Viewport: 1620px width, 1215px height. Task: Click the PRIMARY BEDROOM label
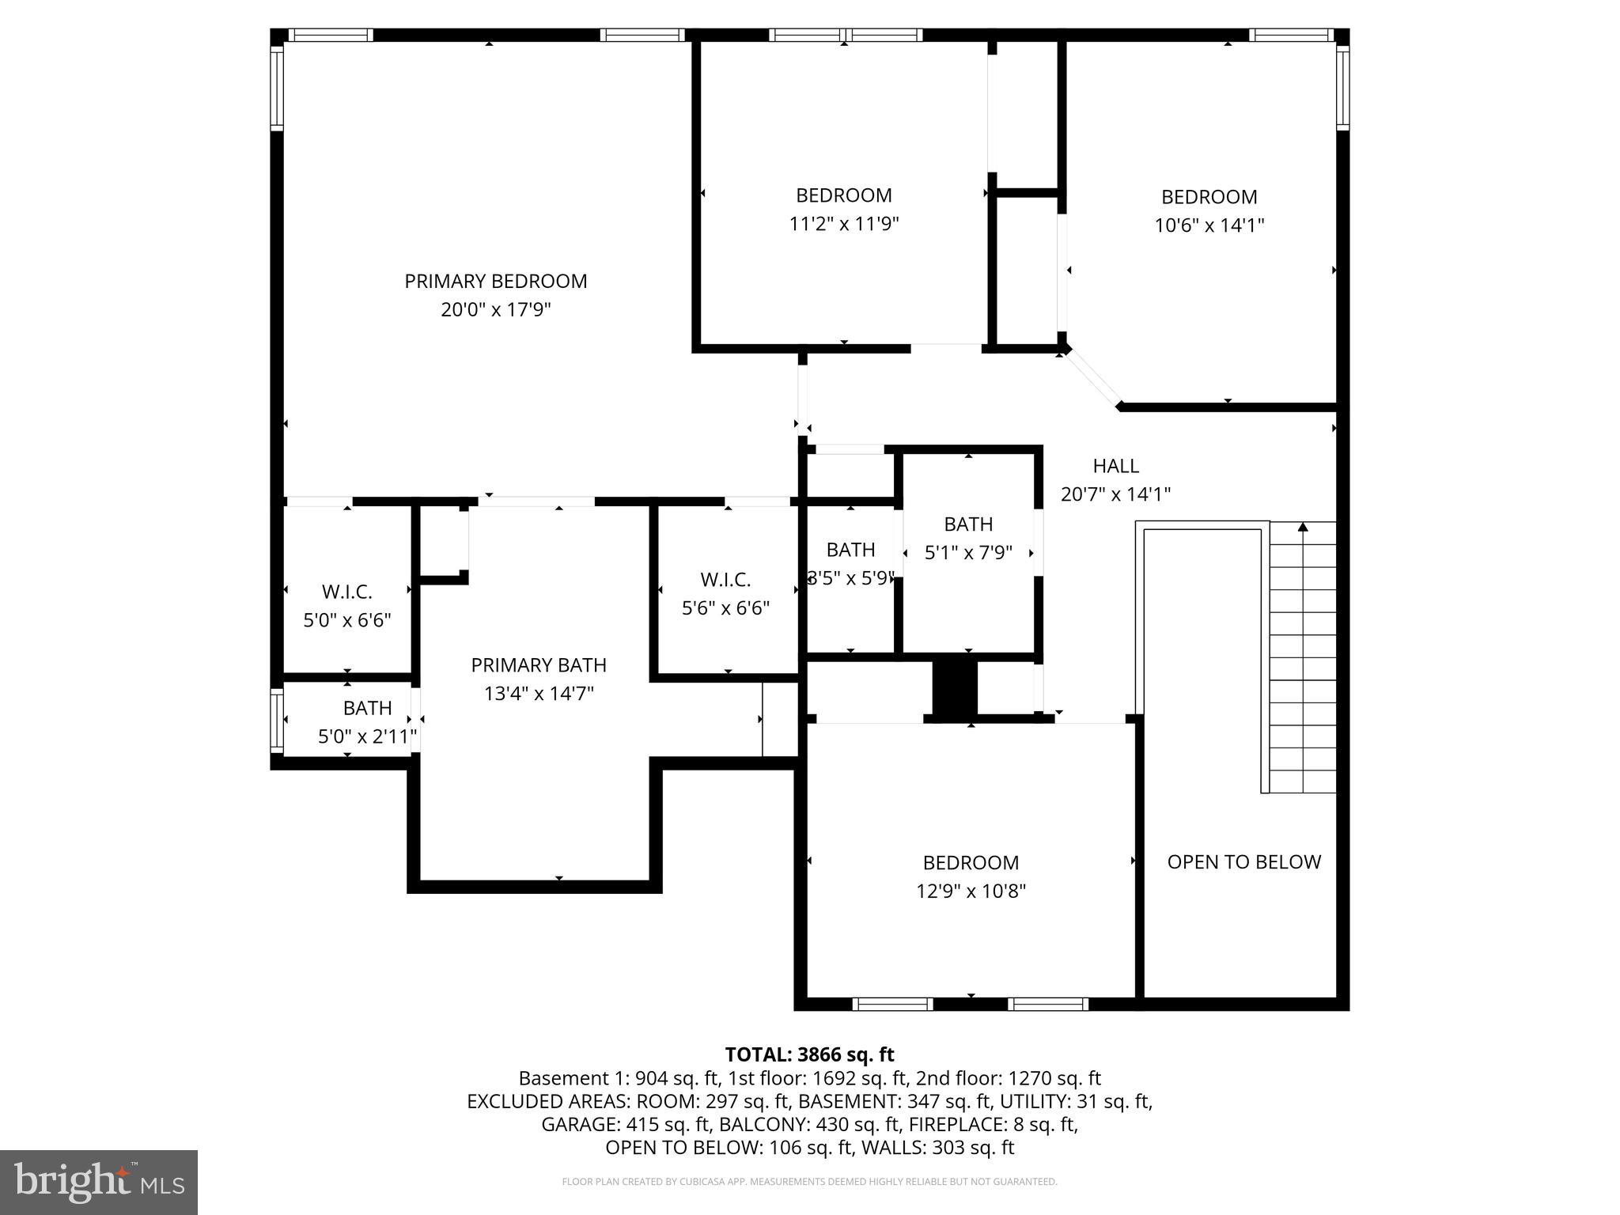coord(495,282)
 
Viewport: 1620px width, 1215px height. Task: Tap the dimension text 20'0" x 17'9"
coord(495,309)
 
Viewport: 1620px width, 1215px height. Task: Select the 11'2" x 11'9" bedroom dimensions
coord(843,224)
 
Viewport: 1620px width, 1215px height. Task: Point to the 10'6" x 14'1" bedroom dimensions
coord(1209,225)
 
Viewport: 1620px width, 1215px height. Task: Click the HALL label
coord(1115,466)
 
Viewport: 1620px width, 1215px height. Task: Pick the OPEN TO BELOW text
coord(1243,862)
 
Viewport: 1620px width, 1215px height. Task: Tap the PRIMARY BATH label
coord(538,665)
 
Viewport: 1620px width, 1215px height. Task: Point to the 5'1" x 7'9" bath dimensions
coord(968,552)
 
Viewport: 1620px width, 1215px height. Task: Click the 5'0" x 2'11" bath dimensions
coord(367,737)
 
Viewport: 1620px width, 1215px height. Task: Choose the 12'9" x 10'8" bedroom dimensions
coord(971,891)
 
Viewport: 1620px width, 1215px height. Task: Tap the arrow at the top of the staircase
coord(1304,527)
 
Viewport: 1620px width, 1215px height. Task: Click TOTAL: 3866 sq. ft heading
coord(809,1054)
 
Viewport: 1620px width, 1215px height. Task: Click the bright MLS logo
coord(99,1183)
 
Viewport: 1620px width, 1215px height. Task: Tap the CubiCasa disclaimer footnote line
coord(809,1183)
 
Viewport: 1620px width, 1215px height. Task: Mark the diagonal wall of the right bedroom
coord(1092,377)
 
